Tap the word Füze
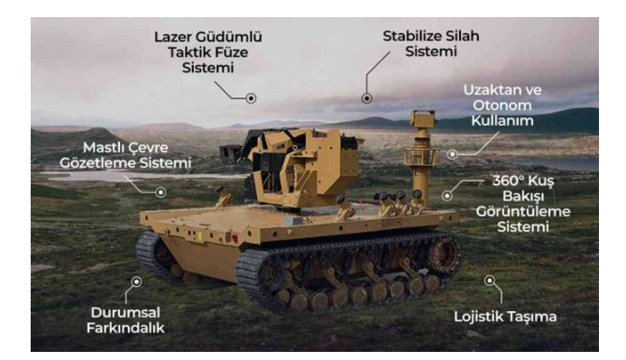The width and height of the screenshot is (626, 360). tap(229, 52)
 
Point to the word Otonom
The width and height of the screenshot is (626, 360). tap(502, 106)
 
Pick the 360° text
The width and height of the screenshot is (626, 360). tap(508, 180)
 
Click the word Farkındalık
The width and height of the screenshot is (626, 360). tap(125, 328)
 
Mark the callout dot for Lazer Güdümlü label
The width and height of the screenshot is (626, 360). tap(251, 98)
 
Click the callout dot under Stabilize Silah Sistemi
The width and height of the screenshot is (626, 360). tap(367, 98)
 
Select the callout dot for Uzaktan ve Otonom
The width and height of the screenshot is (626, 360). tap(452, 154)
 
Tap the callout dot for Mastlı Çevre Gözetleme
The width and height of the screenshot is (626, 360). tap(161, 192)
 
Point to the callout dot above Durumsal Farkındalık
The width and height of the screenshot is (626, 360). tap(136, 282)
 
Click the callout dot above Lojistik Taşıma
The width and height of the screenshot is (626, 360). tap(490, 281)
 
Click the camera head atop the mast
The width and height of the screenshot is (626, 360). tap(422, 119)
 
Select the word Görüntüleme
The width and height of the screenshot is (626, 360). tap(523, 212)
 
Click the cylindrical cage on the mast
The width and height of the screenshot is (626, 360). tap(421, 156)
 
